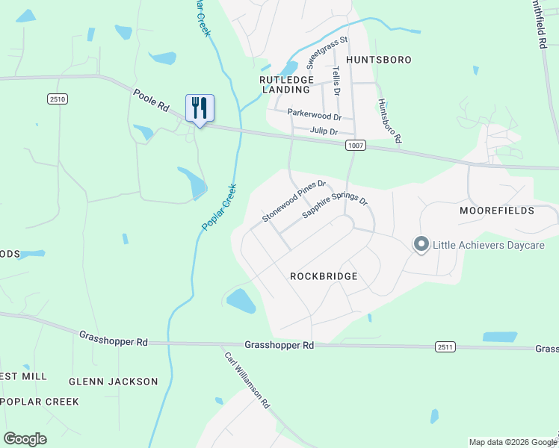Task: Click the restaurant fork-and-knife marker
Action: tap(200, 108)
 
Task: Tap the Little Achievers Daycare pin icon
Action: tap(421, 245)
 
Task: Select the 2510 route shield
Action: tap(57, 99)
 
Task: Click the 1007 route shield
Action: tap(356, 146)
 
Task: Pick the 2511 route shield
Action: tap(445, 346)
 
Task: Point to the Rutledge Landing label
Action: tap(285, 84)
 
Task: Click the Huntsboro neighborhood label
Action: tap(379, 59)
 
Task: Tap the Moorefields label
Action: tap(496, 211)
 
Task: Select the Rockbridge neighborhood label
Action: tap(324, 276)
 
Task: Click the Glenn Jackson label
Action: tap(114, 382)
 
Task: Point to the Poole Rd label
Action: tap(152, 101)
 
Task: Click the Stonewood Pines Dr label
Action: tap(294, 201)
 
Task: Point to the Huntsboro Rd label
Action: tap(389, 121)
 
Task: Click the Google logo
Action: tap(25, 439)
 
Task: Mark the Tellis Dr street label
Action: tap(337, 80)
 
